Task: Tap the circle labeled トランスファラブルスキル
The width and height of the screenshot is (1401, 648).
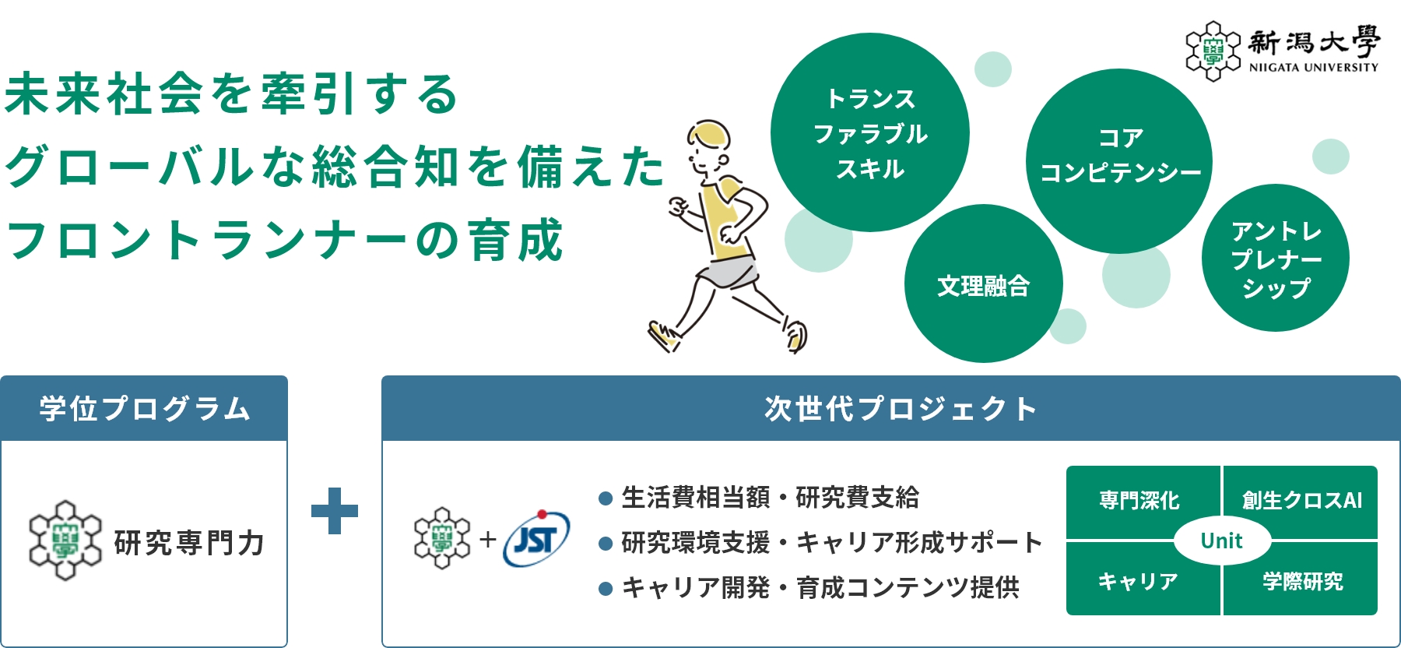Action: [x=870, y=132]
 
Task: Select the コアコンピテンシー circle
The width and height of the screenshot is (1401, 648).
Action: [x=1119, y=161]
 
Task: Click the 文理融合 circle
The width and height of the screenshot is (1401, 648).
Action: [x=984, y=283]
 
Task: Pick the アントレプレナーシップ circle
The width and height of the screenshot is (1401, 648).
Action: [x=1276, y=258]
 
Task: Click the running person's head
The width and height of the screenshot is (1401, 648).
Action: [x=708, y=150]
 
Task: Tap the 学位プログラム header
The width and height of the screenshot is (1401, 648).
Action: [x=144, y=408]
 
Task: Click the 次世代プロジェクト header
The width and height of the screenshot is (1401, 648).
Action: [x=890, y=408]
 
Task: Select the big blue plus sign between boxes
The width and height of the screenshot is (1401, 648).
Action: [x=335, y=511]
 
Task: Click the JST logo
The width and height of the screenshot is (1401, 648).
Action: [x=537, y=538]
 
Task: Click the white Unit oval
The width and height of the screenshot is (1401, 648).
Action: [x=1222, y=541]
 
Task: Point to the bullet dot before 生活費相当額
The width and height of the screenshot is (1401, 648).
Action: [x=606, y=498]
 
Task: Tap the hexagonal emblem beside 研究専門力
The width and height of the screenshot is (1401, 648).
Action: [x=65, y=541]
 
